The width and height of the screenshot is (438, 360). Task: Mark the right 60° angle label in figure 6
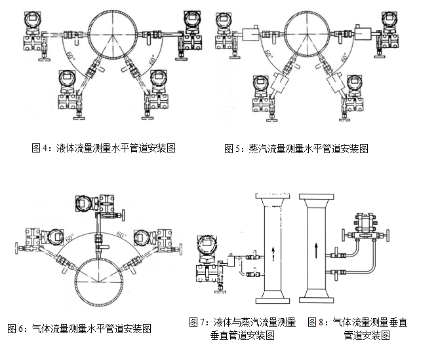tap(121, 233)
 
